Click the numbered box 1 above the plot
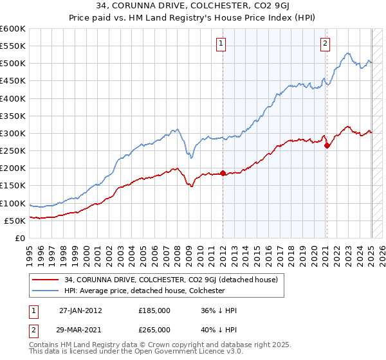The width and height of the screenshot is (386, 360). (221, 44)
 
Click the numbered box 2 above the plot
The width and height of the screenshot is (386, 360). (325, 44)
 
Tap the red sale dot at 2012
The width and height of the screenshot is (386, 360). (223, 173)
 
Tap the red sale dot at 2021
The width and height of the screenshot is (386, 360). (327, 145)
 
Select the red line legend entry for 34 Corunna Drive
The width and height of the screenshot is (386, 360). (171, 280)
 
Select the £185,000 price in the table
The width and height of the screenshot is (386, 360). (154, 310)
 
